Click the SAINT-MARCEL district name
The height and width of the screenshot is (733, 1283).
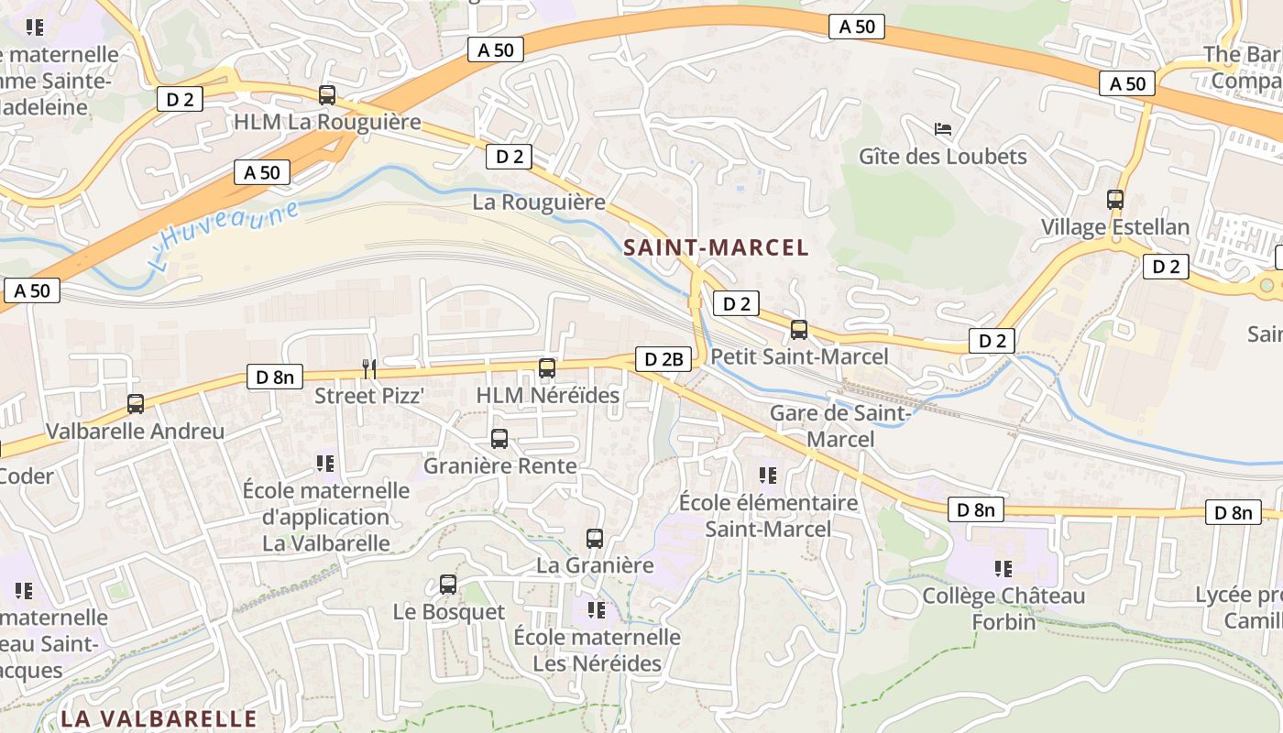(x=716, y=247)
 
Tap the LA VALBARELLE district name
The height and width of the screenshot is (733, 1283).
(x=159, y=717)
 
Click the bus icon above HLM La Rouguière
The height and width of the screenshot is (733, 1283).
(x=327, y=94)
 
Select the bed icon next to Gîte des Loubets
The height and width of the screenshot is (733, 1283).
(x=942, y=129)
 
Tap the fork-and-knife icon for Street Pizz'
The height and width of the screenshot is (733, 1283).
(x=369, y=368)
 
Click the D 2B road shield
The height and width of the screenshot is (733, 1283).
(x=663, y=359)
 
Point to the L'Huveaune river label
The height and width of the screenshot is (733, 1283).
(x=224, y=235)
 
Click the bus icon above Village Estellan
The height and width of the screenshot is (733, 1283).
(x=1115, y=199)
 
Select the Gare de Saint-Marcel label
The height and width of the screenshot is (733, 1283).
(x=841, y=426)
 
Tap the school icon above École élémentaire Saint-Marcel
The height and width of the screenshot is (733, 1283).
(x=768, y=475)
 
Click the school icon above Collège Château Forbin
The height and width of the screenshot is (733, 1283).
(x=1003, y=568)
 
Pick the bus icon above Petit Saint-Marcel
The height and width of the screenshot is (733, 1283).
(x=799, y=329)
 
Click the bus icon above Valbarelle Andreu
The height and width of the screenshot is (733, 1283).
(x=136, y=403)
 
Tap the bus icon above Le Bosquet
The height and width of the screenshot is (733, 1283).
(x=448, y=584)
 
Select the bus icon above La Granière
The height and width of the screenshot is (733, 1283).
(x=595, y=538)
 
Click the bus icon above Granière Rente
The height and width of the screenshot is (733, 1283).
(x=499, y=438)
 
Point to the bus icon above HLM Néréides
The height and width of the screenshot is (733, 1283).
(x=547, y=367)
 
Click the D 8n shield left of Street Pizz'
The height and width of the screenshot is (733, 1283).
(x=275, y=377)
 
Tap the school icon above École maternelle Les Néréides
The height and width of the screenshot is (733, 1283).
(x=597, y=608)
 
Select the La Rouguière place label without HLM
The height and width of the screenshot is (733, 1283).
(x=539, y=202)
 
